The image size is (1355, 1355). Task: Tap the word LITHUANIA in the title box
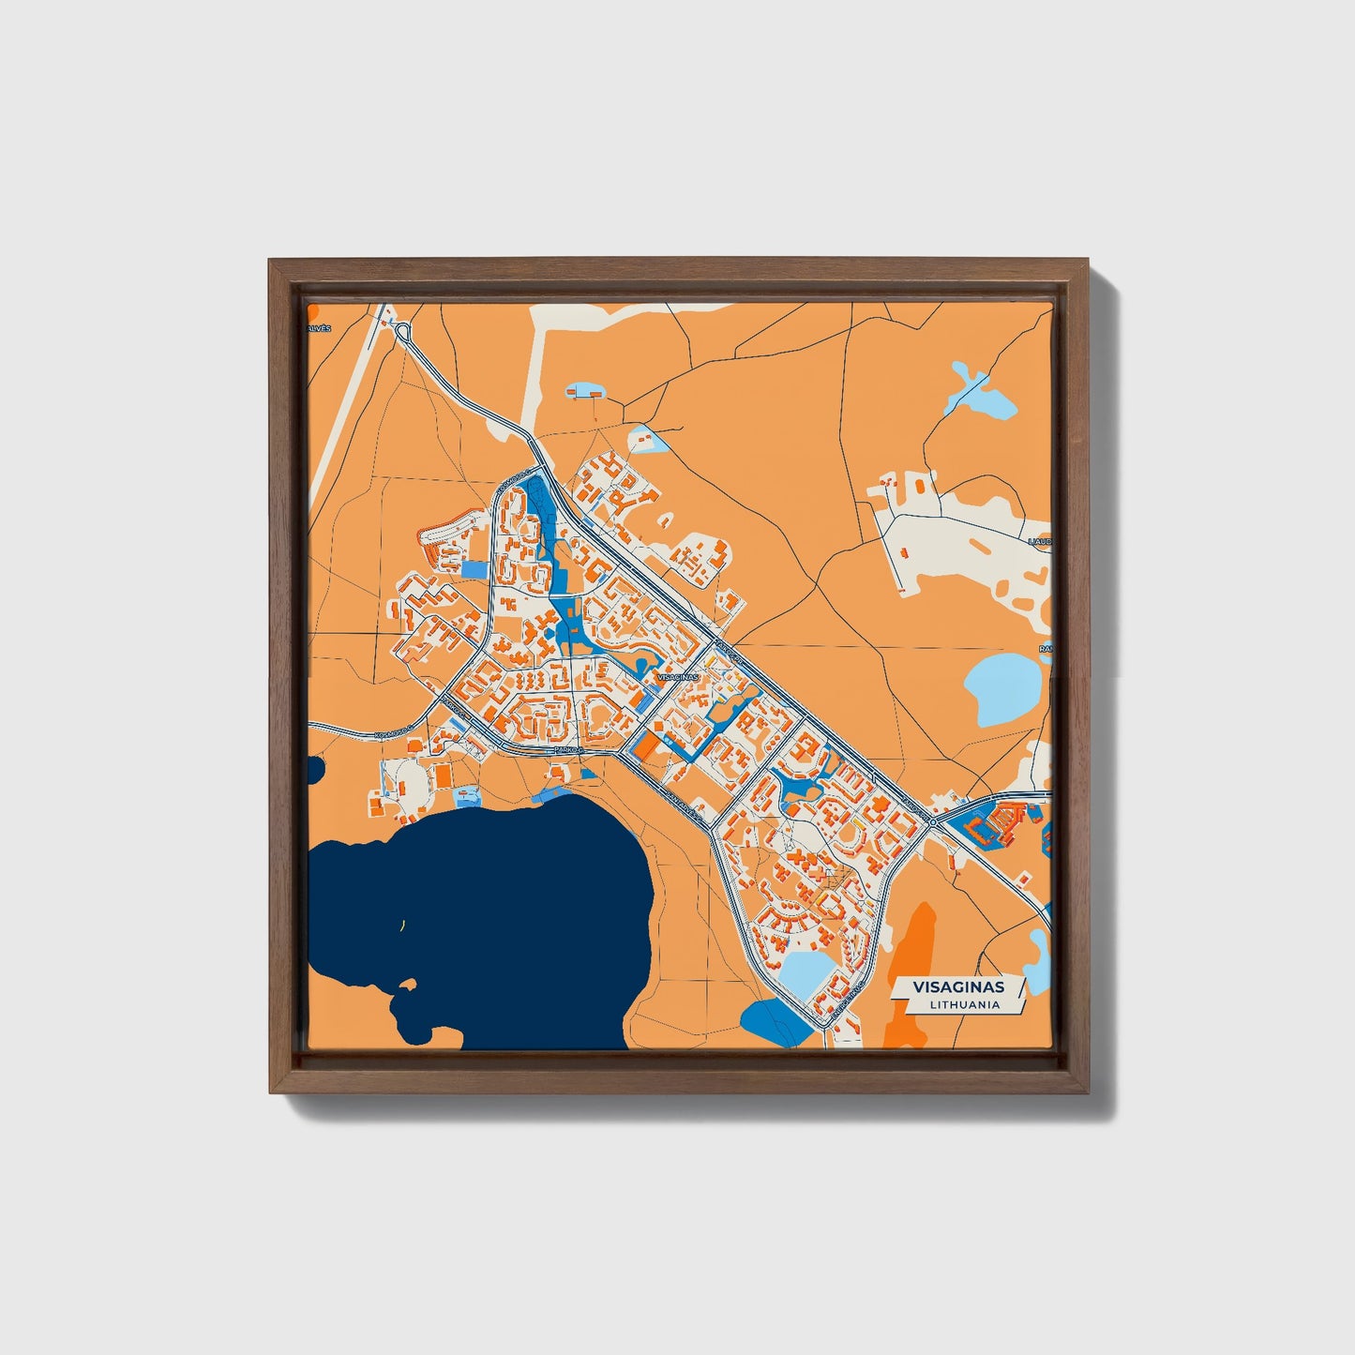(x=965, y=1004)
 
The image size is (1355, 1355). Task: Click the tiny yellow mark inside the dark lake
(x=402, y=926)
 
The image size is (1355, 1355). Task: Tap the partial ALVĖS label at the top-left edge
(x=320, y=329)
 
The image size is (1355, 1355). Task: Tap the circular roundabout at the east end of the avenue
(x=933, y=821)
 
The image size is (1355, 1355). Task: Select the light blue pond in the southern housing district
(x=808, y=975)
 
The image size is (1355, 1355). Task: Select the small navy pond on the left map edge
(x=315, y=769)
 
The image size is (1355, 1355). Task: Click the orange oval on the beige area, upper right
(x=981, y=545)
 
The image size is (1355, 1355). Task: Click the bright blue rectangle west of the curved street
(x=475, y=568)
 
